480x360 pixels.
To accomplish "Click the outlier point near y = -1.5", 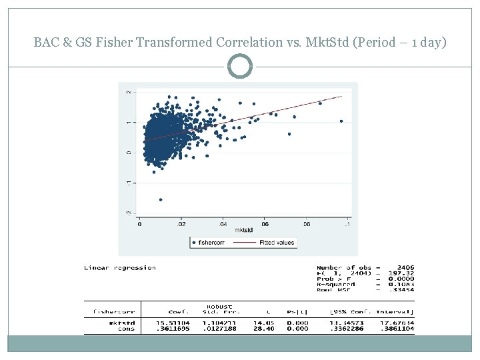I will [161, 199].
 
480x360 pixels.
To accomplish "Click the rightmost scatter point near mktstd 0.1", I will [341, 121].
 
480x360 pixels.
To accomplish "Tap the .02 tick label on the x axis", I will [181, 224].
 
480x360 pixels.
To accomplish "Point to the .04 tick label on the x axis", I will [223, 224].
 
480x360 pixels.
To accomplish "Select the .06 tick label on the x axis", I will [265, 224].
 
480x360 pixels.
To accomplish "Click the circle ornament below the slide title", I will [240, 67].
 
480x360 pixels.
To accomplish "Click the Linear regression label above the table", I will [120, 268].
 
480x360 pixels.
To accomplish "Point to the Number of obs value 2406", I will [403, 268].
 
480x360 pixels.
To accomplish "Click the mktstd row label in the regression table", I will [125, 323].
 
